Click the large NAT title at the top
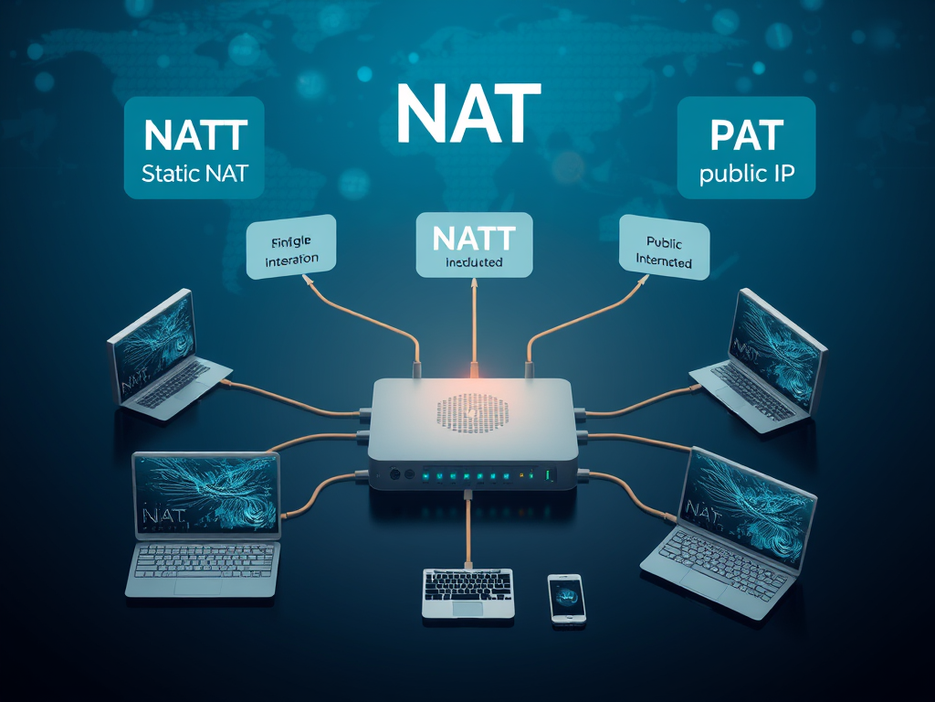[468, 114]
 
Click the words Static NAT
[194, 172]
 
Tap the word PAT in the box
[746, 135]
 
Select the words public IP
[746, 173]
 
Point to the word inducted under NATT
[474, 262]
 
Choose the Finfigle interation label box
[291, 248]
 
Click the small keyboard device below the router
[467, 592]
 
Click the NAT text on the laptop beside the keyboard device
[163, 516]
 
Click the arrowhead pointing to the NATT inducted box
[475, 284]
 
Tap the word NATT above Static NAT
[194, 137]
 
